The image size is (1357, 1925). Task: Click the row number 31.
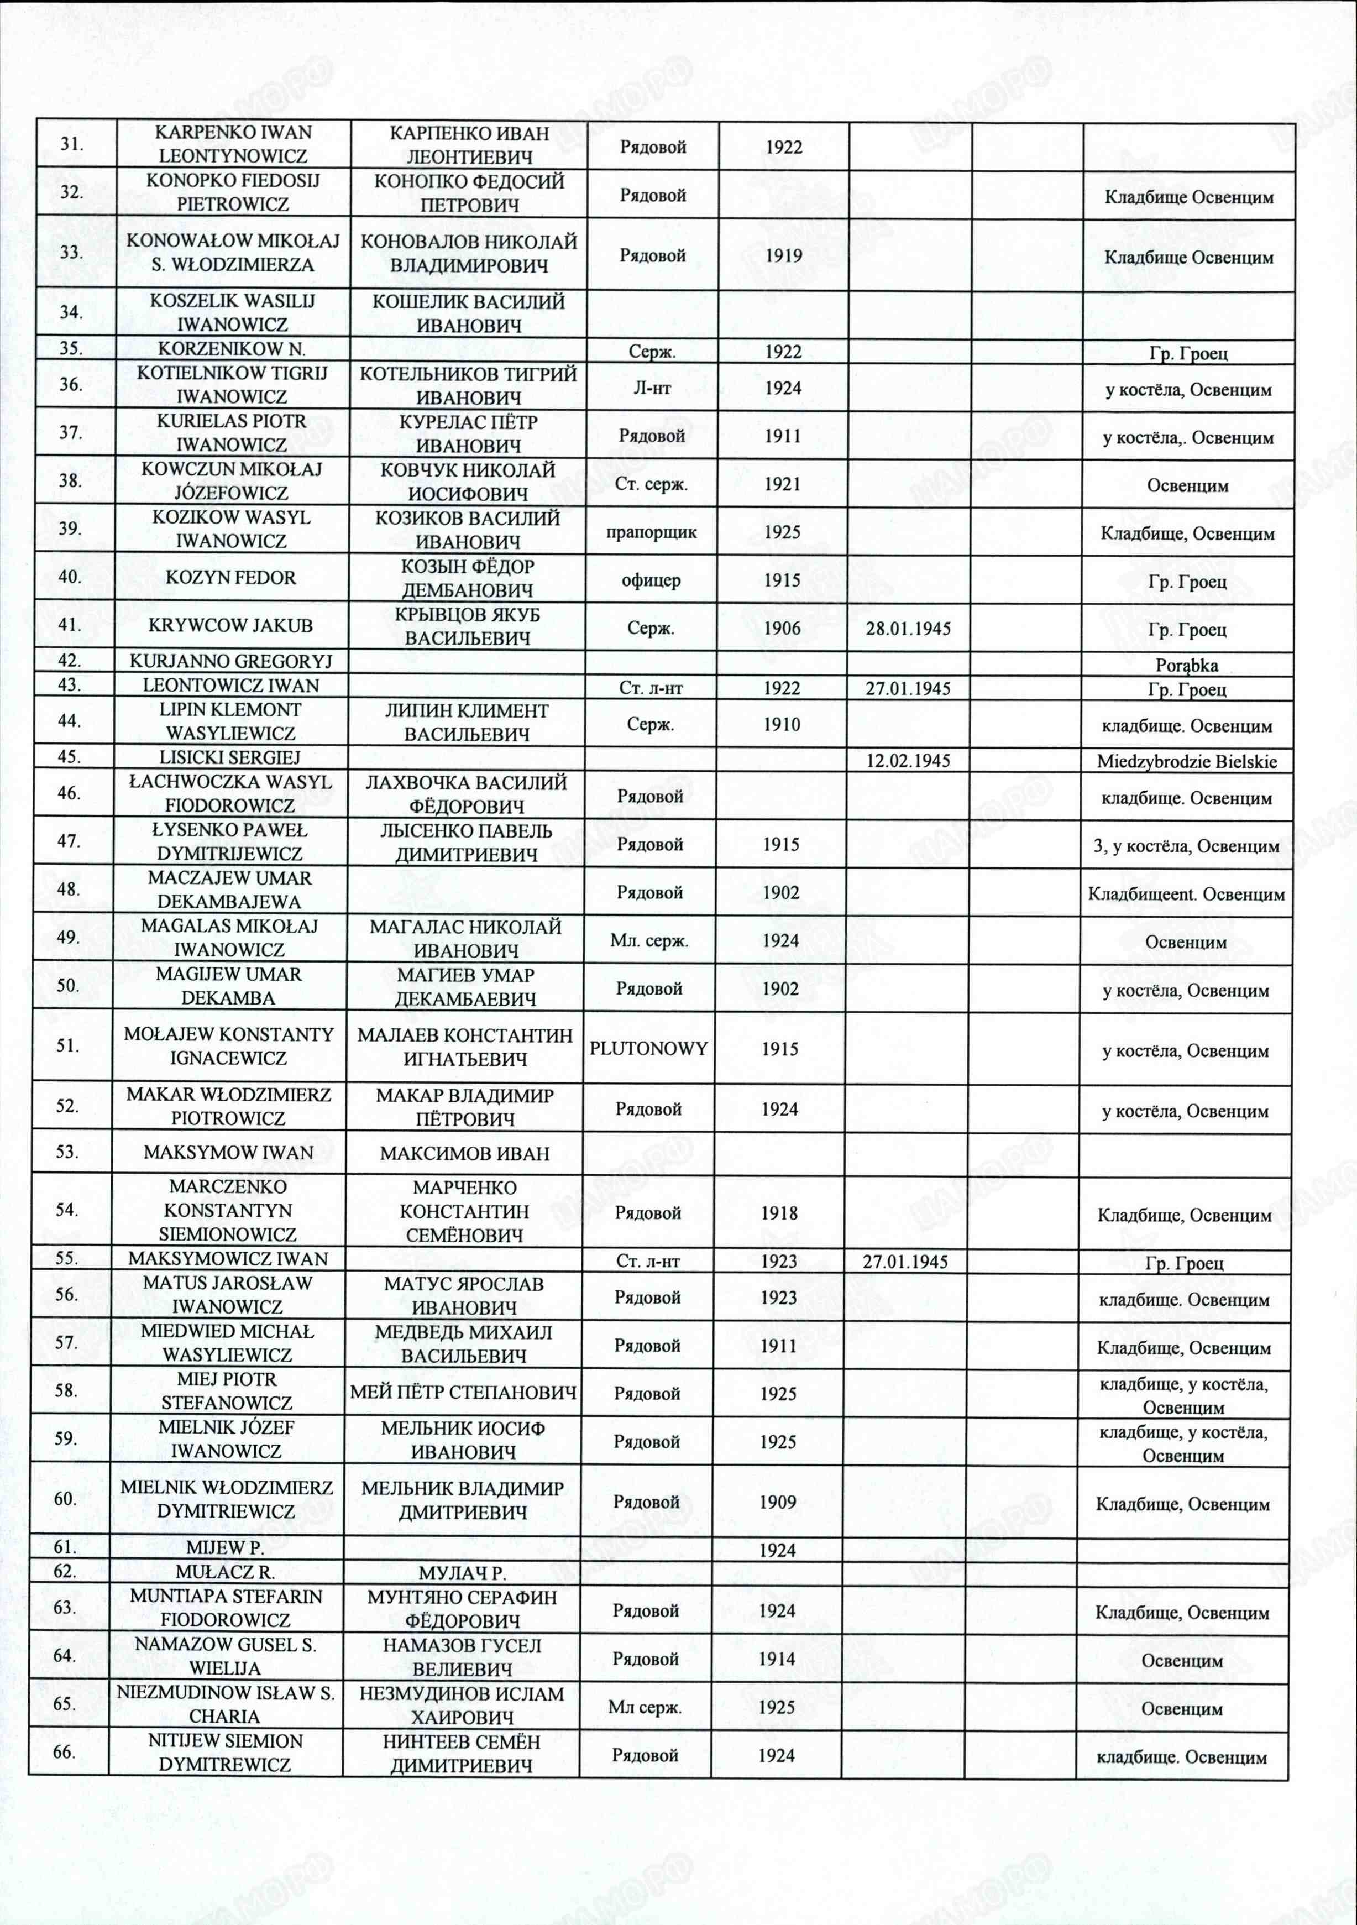[x=71, y=143]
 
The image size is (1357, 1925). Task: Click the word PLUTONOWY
[x=649, y=1048]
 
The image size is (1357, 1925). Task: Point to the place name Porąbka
[x=1186, y=666]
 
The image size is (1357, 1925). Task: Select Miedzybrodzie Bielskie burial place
[x=1187, y=761]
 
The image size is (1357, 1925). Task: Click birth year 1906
[x=783, y=628]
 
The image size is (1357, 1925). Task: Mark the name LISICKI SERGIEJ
[x=229, y=757]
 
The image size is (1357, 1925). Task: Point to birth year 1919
[x=784, y=255]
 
